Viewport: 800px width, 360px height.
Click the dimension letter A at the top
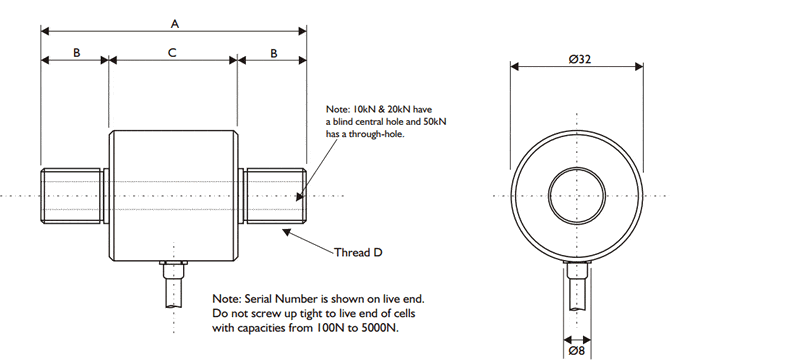(174, 21)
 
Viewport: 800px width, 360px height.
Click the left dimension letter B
(75, 52)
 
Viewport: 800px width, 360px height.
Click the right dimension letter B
(272, 52)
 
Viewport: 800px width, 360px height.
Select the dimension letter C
(173, 52)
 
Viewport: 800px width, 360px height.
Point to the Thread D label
(357, 253)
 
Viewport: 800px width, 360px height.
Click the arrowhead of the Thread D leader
(286, 232)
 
